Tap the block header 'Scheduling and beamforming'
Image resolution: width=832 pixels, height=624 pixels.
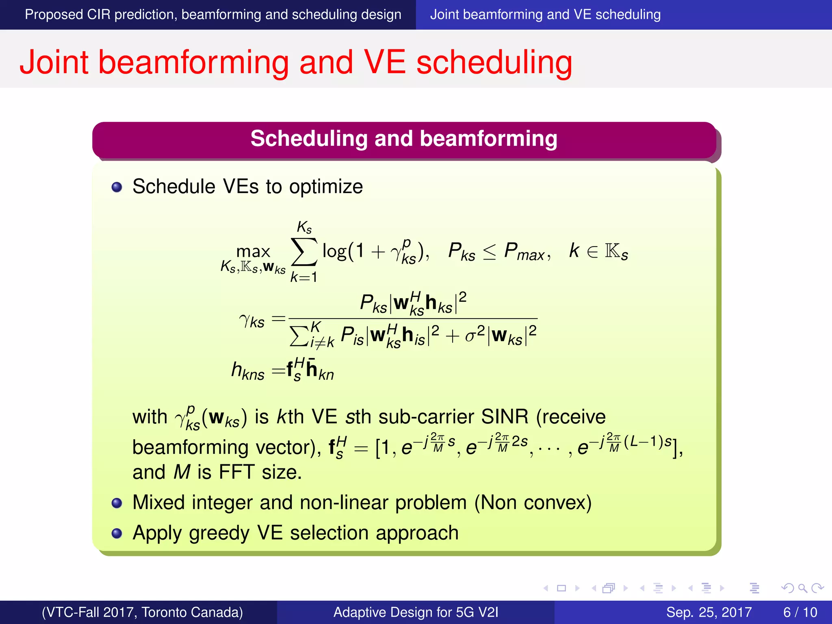click(x=404, y=139)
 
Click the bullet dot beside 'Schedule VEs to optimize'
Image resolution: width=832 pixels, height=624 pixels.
click(x=117, y=187)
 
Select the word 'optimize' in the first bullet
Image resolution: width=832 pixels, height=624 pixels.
click(x=326, y=187)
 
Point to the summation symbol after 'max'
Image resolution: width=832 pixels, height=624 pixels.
click(x=304, y=252)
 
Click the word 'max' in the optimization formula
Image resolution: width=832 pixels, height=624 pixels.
click(x=253, y=251)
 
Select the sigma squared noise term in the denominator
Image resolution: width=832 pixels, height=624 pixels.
click(x=474, y=335)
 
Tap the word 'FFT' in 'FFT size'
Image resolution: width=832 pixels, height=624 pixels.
click(x=236, y=472)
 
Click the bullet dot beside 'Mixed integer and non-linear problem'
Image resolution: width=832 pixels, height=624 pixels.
click(x=117, y=503)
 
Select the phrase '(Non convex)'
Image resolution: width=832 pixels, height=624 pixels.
click(x=533, y=503)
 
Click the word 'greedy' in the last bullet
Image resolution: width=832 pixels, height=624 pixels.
click(x=219, y=533)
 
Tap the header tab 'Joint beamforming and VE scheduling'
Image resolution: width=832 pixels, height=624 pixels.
click(x=545, y=15)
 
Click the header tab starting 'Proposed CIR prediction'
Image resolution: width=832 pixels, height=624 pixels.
click(x=213, y=15)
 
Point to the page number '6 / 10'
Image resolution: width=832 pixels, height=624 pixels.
click(x=800, y=612)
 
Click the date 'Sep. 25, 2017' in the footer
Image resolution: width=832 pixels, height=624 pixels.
click(x=709, y=612)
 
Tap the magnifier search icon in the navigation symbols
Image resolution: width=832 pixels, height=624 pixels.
click(x=802, y=588)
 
